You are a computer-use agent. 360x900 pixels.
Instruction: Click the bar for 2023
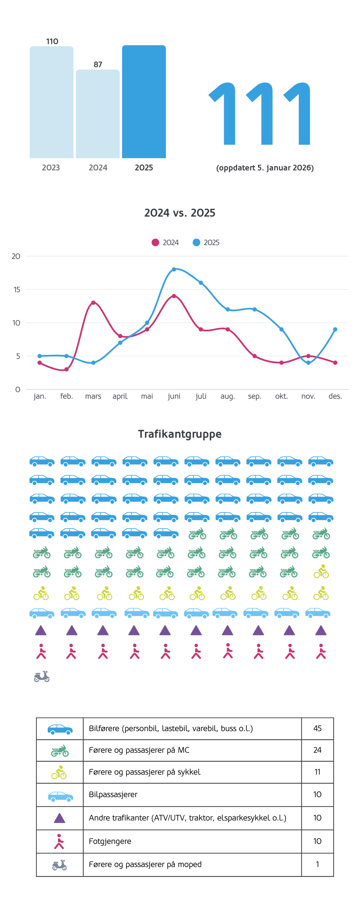pyautogui.click(x=51, y=102)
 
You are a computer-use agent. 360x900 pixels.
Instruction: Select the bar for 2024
pyautogui.click(x=97, y=114)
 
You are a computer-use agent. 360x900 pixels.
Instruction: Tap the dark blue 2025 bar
pyautogui.click(x=144, y=102)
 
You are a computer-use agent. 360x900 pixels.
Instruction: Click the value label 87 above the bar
pyautogui.click(x=98, y=64)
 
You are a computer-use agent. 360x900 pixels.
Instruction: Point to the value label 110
pyautogui.click(x=52, y=42)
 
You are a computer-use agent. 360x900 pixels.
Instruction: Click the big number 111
pyautogui.click(x=259, y=113)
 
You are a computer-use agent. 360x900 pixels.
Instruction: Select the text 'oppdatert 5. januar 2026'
pyautogui.click(x=265, y=168)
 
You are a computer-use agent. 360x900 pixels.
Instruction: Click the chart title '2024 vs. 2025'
pyautogui.click(x=180, y=213)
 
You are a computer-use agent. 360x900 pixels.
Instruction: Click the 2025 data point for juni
pyautogui.click(x=174, y=269)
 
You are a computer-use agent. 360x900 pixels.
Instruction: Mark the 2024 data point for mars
pyautogui.click(x=93, y=303)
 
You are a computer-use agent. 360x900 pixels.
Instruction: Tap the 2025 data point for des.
pyautogui.click(x=335, y=329)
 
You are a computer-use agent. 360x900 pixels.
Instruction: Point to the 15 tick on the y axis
pyautogui.click(x=17, y=289)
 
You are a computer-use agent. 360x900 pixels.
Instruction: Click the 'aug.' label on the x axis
pyautogui.click(x=227, y=396)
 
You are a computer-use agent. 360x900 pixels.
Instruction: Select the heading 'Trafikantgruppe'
pyautogui.click(x=180, y=434)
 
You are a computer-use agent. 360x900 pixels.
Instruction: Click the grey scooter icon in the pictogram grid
pyautogui.click(x=42, y=676)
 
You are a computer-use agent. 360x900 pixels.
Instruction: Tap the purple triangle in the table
pyautogui.click(x=59, y=818)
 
